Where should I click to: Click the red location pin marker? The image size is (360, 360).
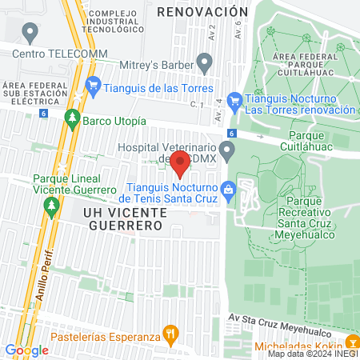coord(180,162)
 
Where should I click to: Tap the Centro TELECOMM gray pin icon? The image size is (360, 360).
coord(31,34)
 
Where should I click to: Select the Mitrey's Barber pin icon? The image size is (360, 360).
coord(205,62)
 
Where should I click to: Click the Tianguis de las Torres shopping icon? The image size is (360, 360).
coord(93,83)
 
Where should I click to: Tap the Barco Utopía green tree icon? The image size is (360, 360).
coord(72,120)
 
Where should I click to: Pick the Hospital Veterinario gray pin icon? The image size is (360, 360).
coord(228,149)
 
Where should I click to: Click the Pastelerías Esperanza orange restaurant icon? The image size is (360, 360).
coord(169,333)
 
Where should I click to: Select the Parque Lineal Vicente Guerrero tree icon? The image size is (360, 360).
coord(52,206)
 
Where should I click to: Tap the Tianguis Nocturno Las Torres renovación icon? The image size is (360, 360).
coord(234,101)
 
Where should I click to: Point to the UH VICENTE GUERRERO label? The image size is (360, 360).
coord(124,219)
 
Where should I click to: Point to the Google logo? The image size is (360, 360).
coord(26,350)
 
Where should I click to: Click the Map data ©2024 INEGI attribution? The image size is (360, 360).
coord(312,354)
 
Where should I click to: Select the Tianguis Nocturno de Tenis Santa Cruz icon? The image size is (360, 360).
coord(230,190)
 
